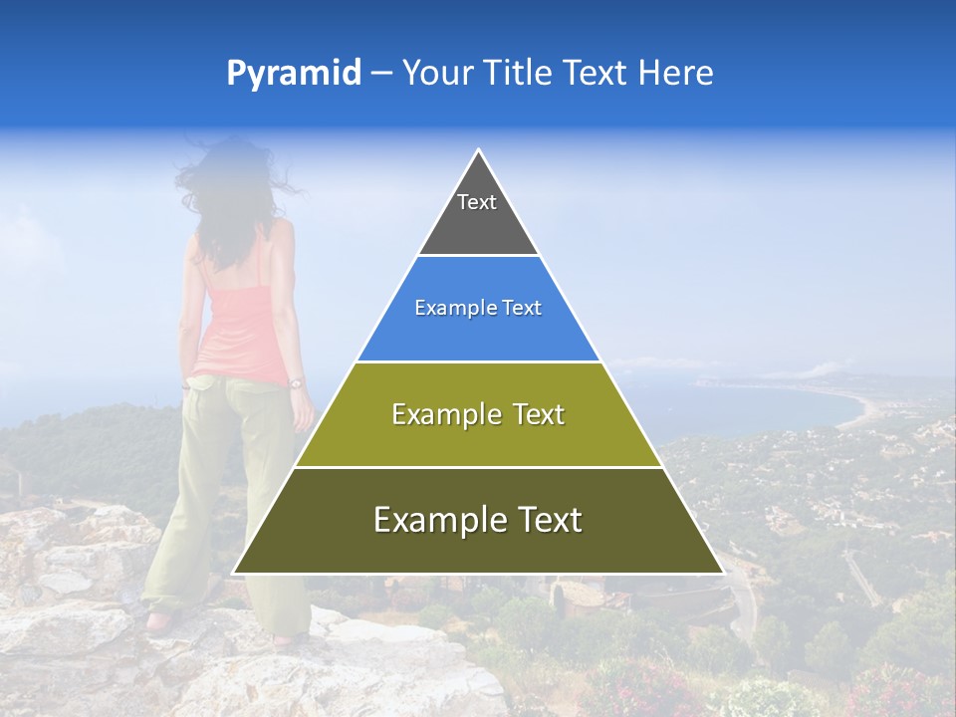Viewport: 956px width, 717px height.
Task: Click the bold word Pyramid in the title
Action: pos(293,74)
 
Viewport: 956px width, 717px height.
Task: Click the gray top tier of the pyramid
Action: pos(478,214)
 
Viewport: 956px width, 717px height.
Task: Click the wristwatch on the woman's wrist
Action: pos(296,381)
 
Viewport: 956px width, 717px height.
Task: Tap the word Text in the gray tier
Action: pos(476,202)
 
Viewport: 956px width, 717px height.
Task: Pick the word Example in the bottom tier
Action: pos(428,520)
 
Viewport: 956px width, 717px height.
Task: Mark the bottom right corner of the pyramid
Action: pos(722,573)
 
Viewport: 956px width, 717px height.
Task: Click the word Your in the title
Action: pos(435,74)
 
